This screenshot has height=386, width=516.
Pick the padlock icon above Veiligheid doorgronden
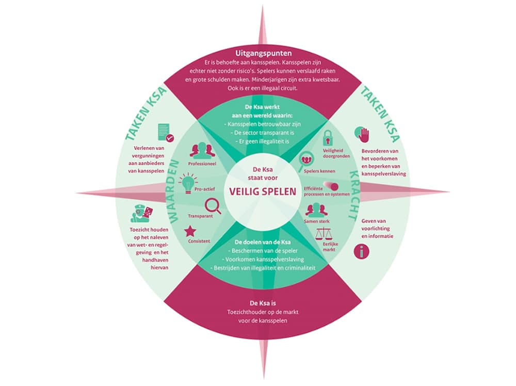[x=327, y=138]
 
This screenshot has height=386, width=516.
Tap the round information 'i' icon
[x=361, y=252]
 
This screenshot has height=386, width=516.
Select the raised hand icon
[x=362, y=135]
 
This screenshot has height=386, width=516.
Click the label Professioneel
[x=202, y=164]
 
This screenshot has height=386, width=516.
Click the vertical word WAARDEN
[x=173, y=191]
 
